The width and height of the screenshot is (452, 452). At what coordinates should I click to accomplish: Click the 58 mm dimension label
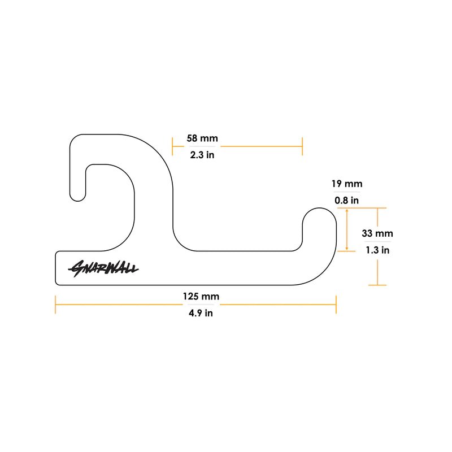click(x=202, y=138)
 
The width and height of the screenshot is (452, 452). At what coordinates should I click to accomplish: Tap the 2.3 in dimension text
click(x=202, y=155)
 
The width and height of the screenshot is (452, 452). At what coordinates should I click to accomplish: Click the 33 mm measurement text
click(x=377, y=233)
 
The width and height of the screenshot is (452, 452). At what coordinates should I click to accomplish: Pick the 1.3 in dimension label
click(x=377, y=249)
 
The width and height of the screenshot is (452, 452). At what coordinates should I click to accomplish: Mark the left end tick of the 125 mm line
click(x=55, y=305)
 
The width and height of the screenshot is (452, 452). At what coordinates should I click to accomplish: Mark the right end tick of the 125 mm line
click(x=336, y=305)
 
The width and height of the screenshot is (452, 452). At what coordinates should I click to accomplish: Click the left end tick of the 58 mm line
click(x=173, y=146)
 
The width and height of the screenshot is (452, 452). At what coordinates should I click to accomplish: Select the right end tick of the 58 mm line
click(x=302, y=146)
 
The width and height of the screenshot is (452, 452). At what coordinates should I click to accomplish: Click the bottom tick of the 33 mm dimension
click(x=377, y=285)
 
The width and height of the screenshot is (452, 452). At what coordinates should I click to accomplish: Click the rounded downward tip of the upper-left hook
click(x=77, y=198)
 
